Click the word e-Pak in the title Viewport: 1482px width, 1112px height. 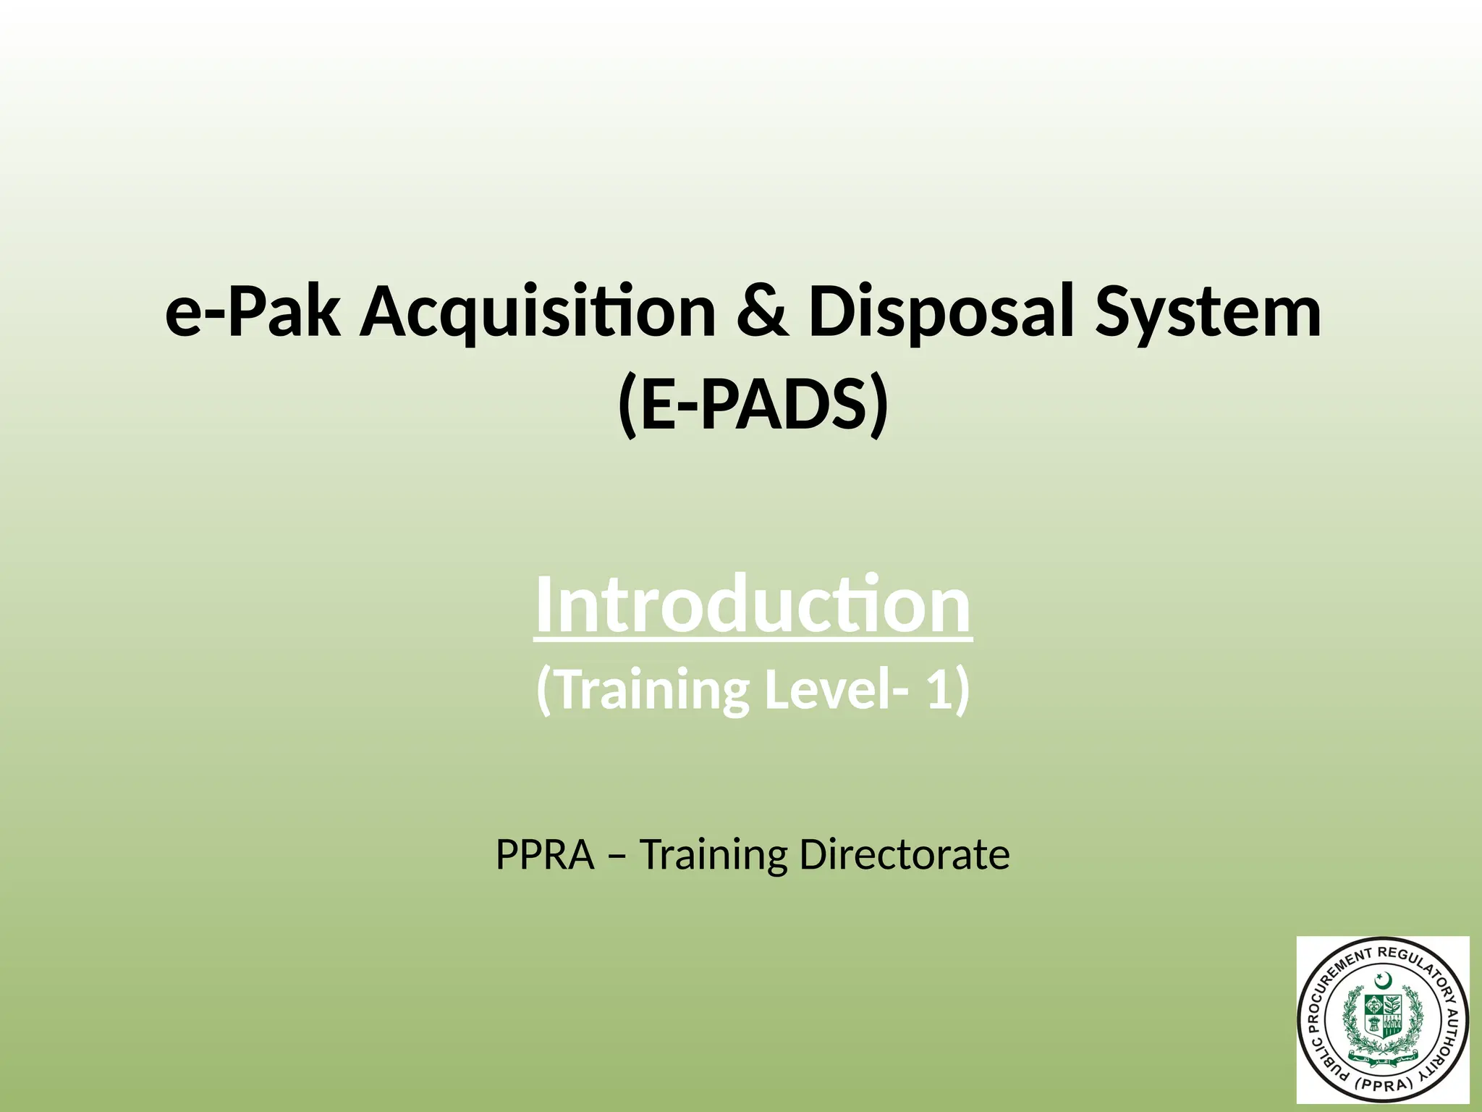253,313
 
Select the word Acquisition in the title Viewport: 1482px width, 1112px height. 538,313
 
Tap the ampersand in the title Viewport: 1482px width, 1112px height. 762,313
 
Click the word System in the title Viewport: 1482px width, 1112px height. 1208,313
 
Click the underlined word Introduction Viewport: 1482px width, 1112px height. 753,605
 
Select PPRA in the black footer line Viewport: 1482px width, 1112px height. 544,855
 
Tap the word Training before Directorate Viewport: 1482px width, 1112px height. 713,855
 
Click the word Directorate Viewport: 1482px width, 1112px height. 905,855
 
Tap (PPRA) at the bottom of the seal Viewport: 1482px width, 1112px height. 1384,1084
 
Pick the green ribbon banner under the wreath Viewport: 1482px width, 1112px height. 1383,1057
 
